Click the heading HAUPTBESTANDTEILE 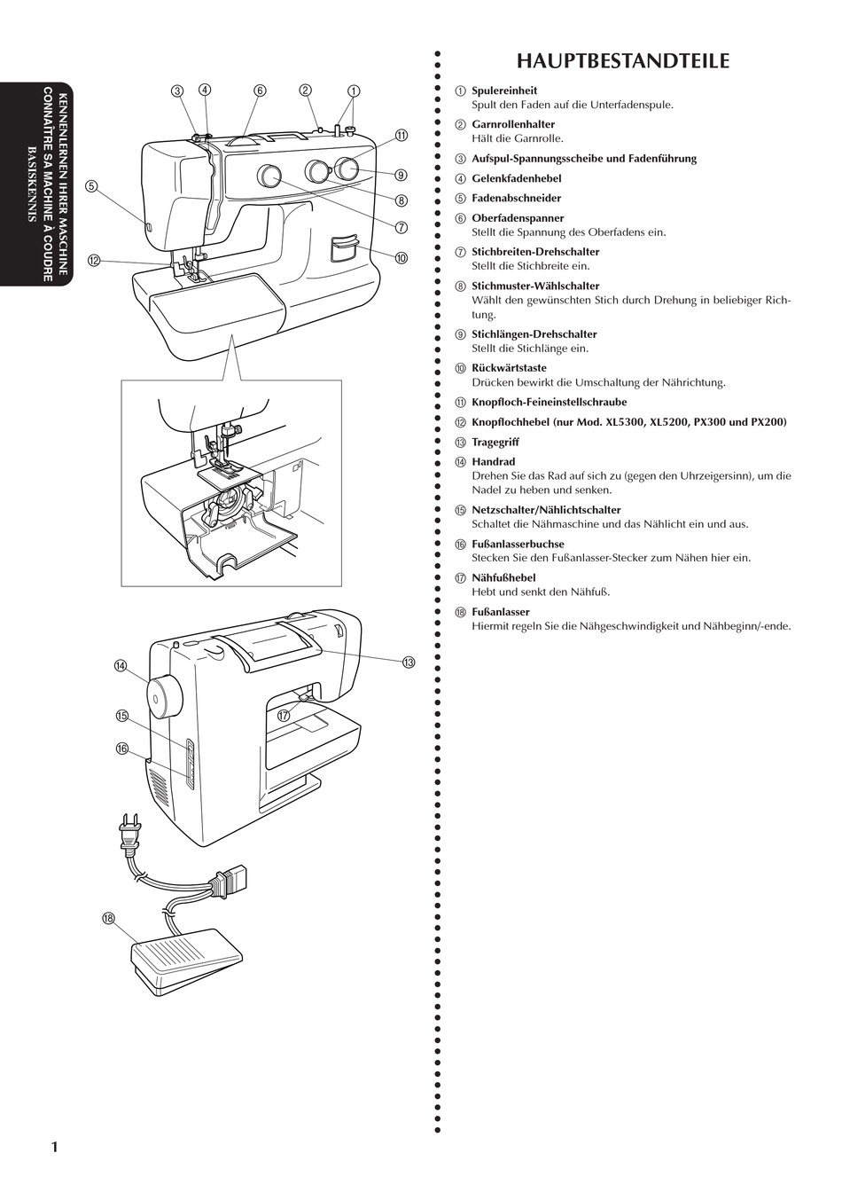[x=623, y=62]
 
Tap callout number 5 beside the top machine [x=91, y=185]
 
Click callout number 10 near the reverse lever [x=402, y=258]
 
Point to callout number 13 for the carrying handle [x=409, y=662]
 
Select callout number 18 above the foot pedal [x=109, y=918]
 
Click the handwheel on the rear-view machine [x=165, y=696]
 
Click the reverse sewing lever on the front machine [x=344, y=248]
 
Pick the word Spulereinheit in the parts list [x=504, y=90]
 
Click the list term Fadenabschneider [x=517, y=198]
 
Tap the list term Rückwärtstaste [x=509, y=368]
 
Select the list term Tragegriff [x=495, y=443]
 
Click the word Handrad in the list [x=494, y=461]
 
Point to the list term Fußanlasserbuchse [x=518, y=544]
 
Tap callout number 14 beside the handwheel [x=121, y=665]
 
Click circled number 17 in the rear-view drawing [x=284, y=716]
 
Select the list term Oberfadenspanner [x=518, y=218]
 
